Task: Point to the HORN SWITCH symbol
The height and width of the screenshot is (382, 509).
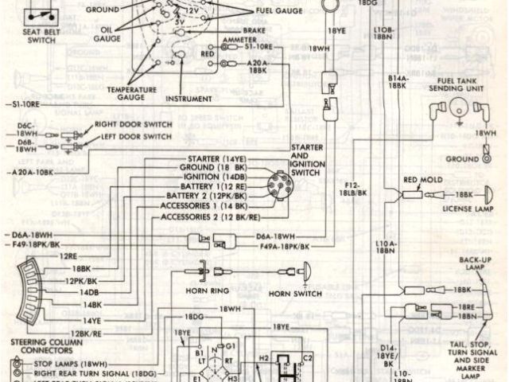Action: [x=305, y=273]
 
